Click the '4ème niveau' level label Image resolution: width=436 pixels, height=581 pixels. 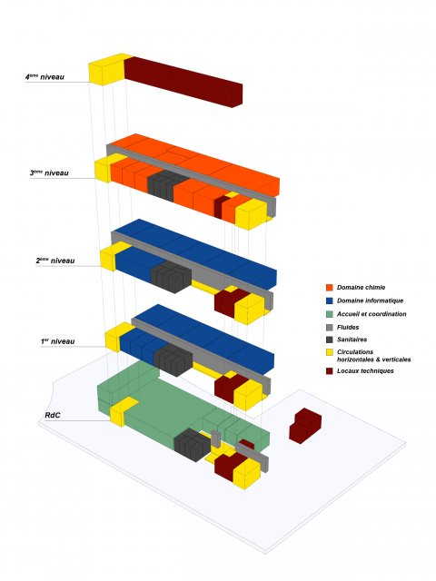click(45, 77)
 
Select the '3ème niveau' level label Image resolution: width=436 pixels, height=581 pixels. click(49, 173)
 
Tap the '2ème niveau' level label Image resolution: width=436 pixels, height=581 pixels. click(55, 261)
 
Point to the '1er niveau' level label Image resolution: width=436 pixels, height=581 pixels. click(58, 341)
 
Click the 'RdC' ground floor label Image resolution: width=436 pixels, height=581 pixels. click(53, 416)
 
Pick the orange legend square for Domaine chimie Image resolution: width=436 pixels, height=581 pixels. click(329, 288)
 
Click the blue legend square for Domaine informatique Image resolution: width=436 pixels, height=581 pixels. click(329, 300)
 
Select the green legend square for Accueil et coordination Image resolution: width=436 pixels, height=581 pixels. click(329, 314)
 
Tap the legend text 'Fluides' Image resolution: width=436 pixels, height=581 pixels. click(348, 327)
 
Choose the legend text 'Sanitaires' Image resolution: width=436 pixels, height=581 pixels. click(352, 340)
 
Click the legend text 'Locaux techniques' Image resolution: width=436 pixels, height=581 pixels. click(365, 371)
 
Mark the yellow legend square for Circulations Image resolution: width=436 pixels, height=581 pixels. click(329, 352)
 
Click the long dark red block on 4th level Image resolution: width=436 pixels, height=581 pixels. click(183, 82)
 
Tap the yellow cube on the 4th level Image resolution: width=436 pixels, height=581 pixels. click(106, 70)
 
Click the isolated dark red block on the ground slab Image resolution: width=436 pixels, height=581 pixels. click(305, 426)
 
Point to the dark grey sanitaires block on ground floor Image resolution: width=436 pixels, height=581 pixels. click(193, 445)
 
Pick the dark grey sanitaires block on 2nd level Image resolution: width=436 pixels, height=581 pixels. click(171, 277)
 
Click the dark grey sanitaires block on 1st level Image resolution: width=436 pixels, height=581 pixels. click(173, 359)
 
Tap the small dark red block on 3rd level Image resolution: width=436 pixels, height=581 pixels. click(221, 207)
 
